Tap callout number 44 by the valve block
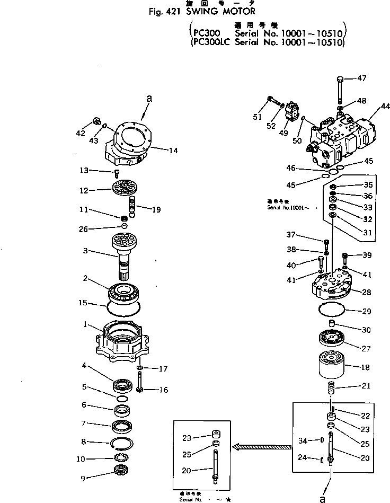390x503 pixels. click(378, 112)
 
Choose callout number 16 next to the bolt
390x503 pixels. click(163, 390)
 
